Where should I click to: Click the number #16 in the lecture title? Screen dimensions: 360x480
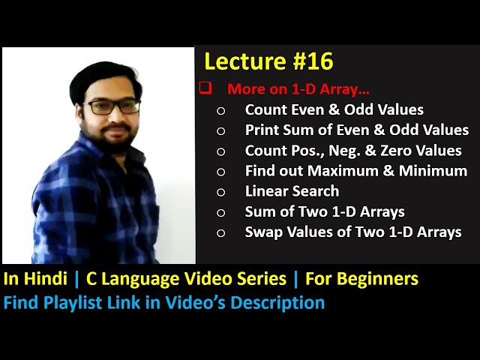pyautogui.click(x=310, y=61)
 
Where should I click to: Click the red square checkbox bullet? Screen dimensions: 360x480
pyautogui.click(x=205, y=88)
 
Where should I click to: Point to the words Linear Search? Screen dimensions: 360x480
pyautogui.click(x=292, y=191)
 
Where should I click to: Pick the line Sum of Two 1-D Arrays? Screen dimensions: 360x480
pyautogui.click(x=325, y=211)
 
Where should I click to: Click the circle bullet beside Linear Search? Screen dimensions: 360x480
pyautogui.click(x=220, y=192)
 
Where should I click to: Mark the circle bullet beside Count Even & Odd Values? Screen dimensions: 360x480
pyautogui.click(x=220, y=110)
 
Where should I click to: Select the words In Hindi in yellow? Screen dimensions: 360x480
pyautogui.click(x=37, y=279)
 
